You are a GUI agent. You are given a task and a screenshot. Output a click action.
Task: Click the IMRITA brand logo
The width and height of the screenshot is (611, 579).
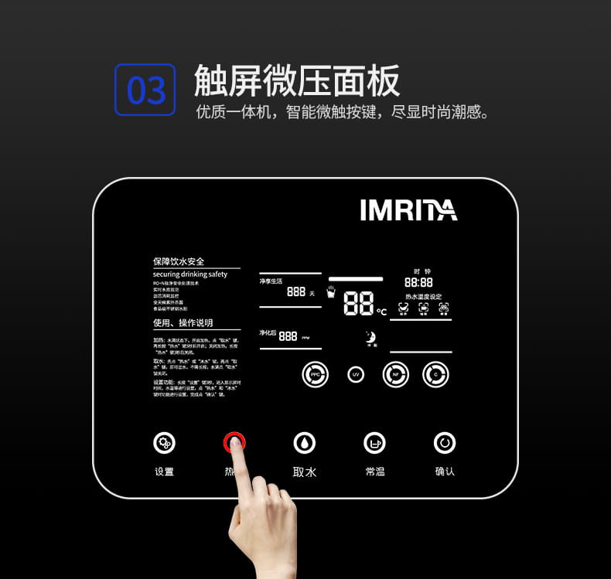coord(408,210)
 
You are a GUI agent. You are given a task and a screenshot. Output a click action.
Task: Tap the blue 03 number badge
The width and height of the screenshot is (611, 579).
coord(145,90)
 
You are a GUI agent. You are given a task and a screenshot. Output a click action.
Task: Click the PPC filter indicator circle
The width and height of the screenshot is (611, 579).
coord(315,374)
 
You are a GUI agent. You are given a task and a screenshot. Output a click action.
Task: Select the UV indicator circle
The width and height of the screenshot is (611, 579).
coord(356,374)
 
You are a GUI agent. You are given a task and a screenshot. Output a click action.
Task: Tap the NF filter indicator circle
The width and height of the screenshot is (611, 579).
coord(396,375)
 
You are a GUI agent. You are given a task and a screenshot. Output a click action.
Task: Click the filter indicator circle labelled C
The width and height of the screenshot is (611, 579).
coord(435,375)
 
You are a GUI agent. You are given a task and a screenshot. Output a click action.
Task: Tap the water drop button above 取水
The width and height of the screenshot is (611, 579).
coord(305,443)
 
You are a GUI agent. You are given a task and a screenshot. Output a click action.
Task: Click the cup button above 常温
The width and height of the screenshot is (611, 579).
coord(375,443)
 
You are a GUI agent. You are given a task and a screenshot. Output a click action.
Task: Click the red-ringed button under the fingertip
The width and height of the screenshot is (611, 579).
coord(234,443)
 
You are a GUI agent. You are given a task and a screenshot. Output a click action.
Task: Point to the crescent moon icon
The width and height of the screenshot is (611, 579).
coord(370,336)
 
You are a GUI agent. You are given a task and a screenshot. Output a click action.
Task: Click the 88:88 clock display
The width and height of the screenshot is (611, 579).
coord(418,283)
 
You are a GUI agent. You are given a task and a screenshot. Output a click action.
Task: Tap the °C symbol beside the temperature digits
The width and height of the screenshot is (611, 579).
coord(381,312)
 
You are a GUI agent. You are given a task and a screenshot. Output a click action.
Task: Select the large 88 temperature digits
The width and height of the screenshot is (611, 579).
coord(359,304)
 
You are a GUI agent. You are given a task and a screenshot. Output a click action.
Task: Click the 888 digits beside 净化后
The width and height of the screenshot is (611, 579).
coord(288,336)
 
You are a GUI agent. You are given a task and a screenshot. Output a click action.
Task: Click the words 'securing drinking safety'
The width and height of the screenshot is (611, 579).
coord(190,274)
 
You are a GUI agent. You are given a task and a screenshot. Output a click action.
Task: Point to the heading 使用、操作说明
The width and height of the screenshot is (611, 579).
coord(183,322)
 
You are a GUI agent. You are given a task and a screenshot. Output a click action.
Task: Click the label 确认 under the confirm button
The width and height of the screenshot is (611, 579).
coord(445,472)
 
